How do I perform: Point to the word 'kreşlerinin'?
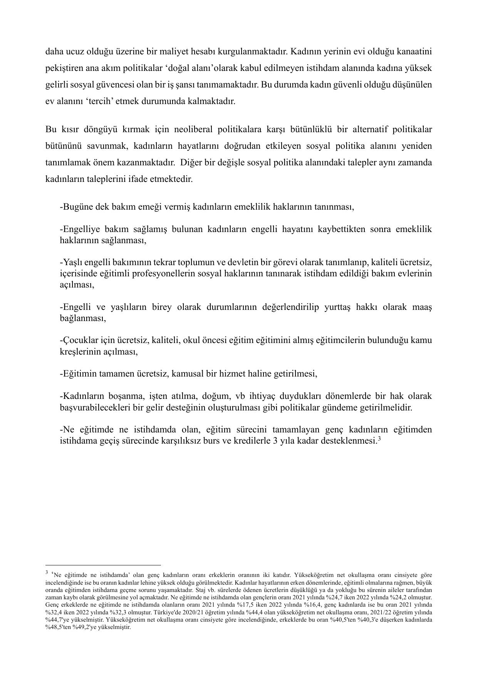(x=79, y=352)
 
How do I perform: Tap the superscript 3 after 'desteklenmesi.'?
(x=379, y=439)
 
